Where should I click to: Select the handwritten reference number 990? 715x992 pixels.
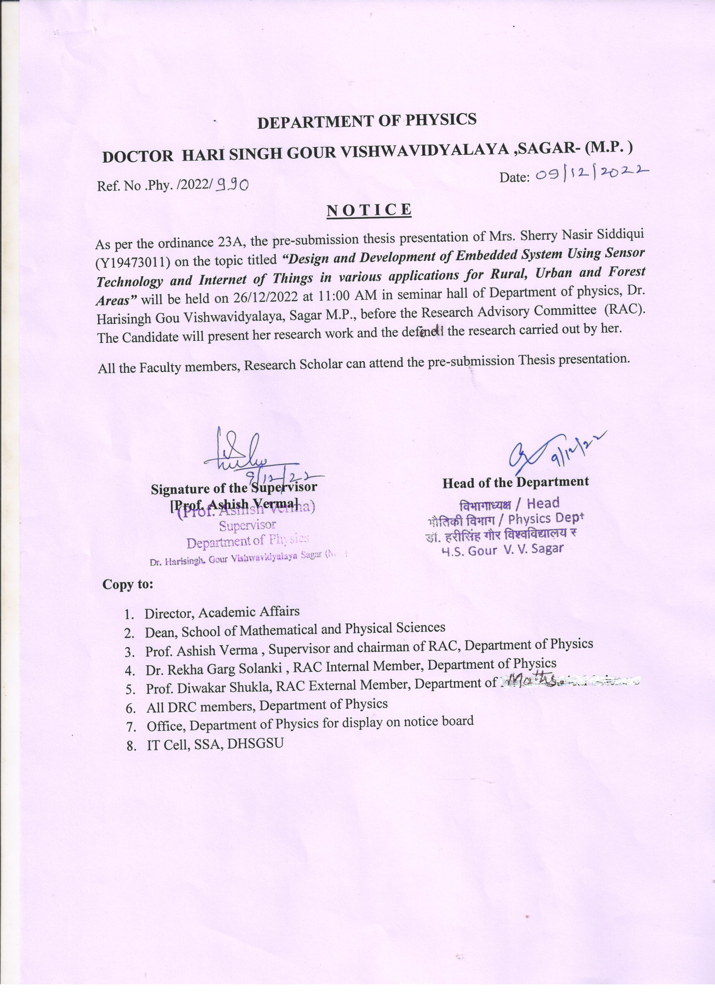coord(233,186)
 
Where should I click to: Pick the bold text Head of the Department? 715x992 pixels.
coord(515,482)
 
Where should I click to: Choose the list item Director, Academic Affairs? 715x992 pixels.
coord(222,612)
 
